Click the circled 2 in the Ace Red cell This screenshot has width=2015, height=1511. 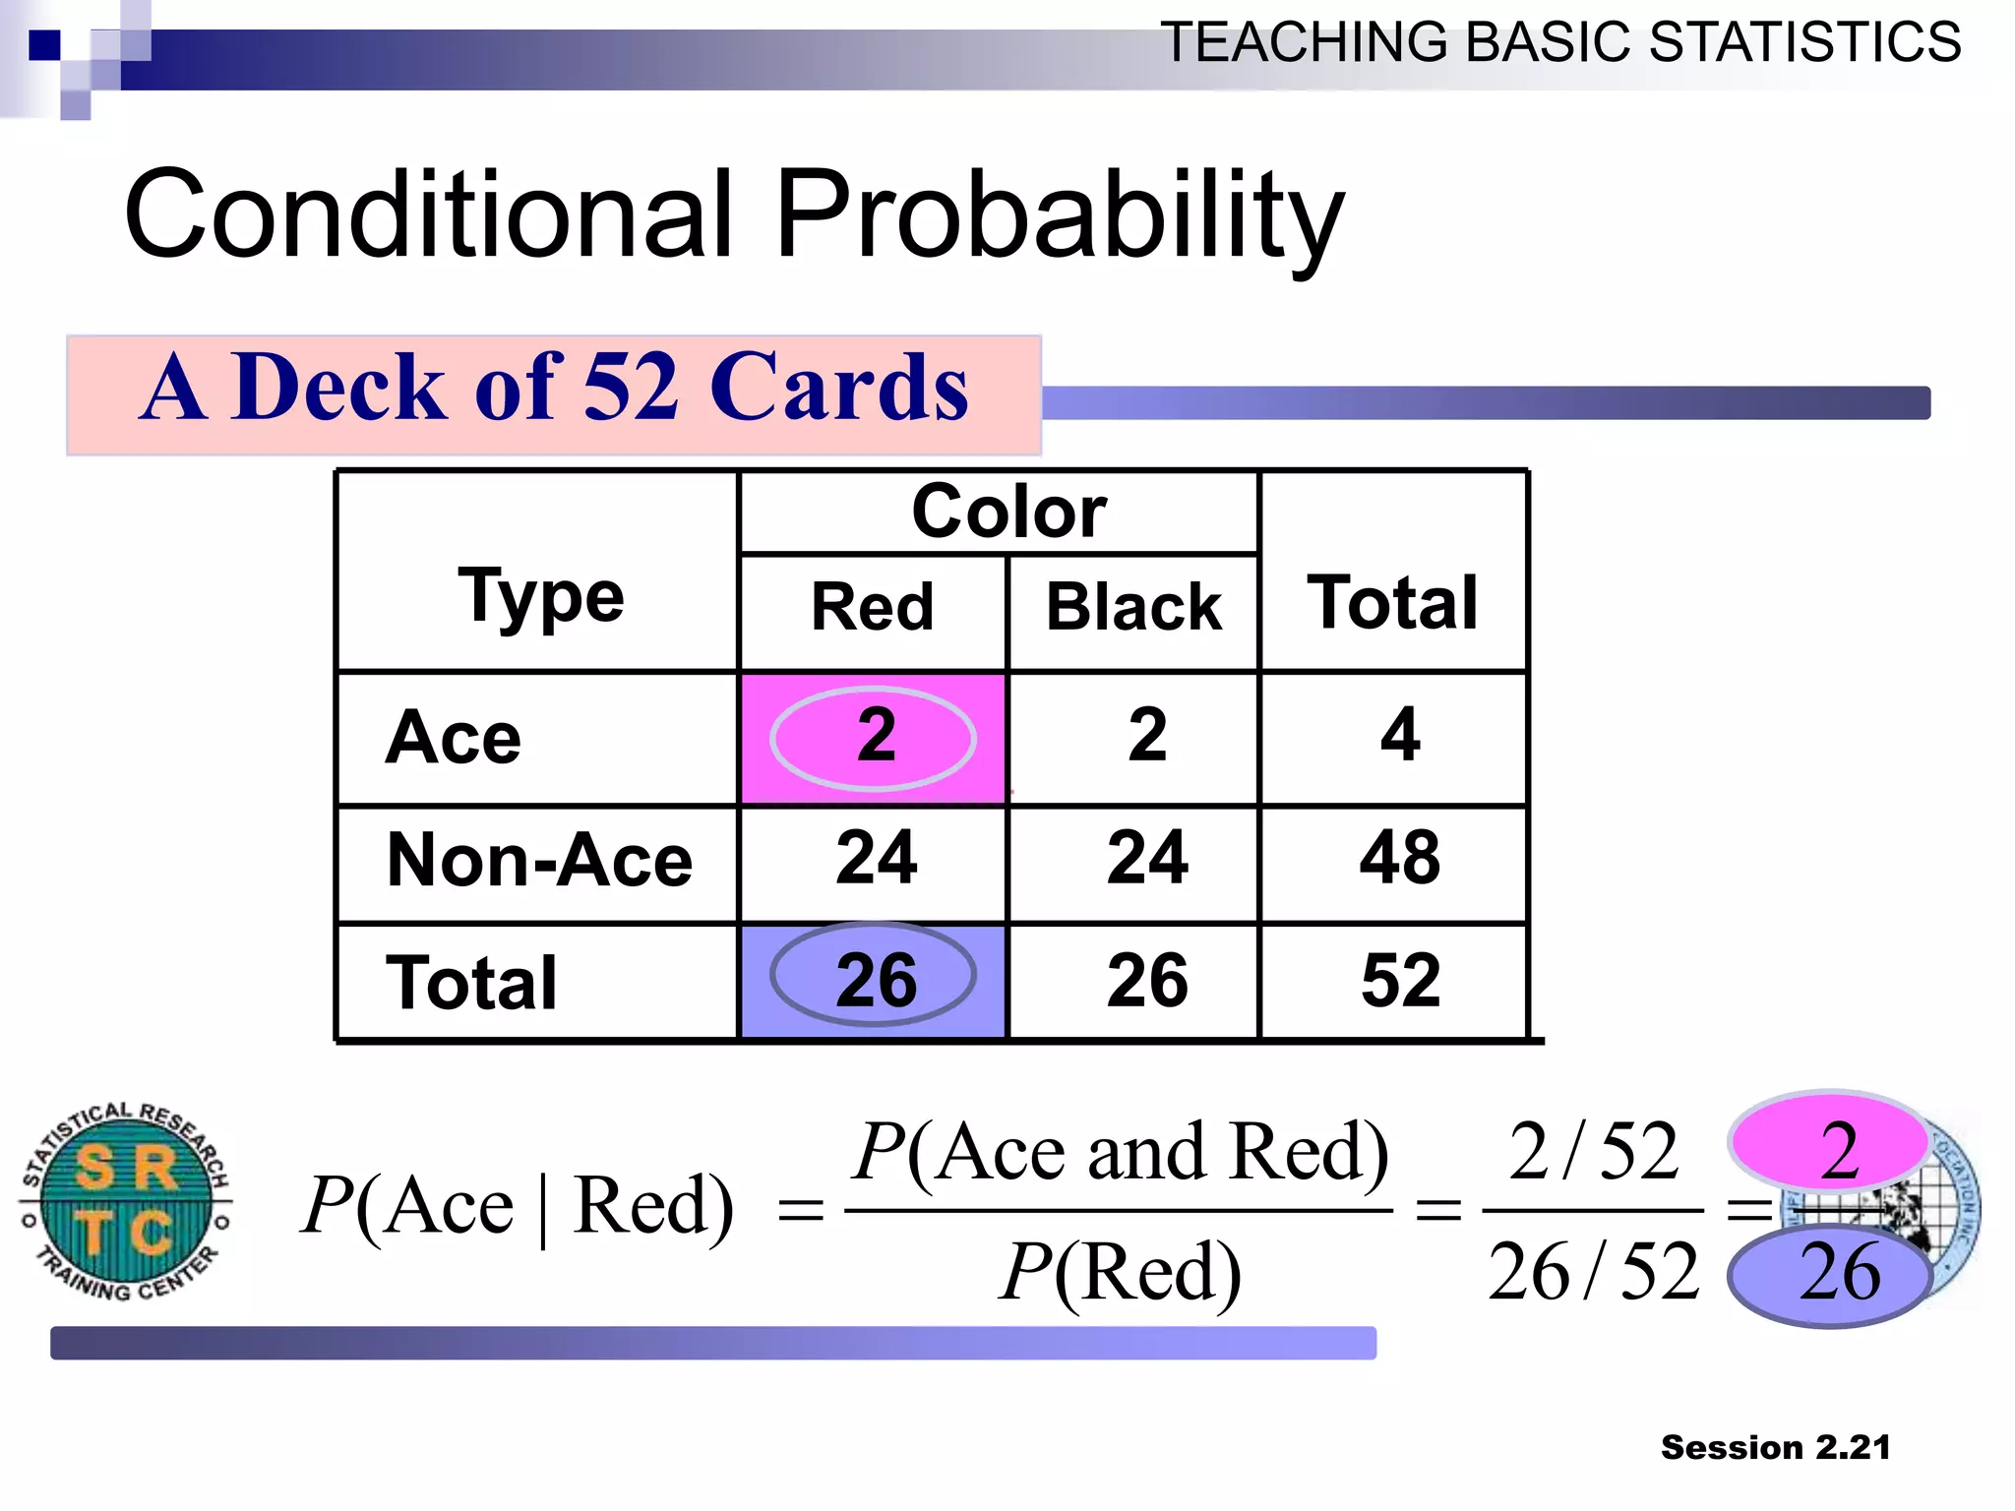874,737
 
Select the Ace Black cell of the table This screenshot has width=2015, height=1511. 1146,737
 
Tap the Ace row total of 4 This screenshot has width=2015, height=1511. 1399,737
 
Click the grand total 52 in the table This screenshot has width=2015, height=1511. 1399,981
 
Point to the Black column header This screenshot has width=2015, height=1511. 1132,607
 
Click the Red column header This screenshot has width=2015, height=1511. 872,607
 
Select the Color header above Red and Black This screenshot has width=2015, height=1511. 1008,513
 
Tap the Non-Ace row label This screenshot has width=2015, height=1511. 539,861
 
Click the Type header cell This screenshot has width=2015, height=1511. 540,596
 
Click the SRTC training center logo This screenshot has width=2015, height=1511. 126,1201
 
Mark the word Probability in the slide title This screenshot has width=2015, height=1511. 1059,215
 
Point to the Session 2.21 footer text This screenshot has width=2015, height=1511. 1775,1448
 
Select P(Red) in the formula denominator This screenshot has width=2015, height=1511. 1120,1273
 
